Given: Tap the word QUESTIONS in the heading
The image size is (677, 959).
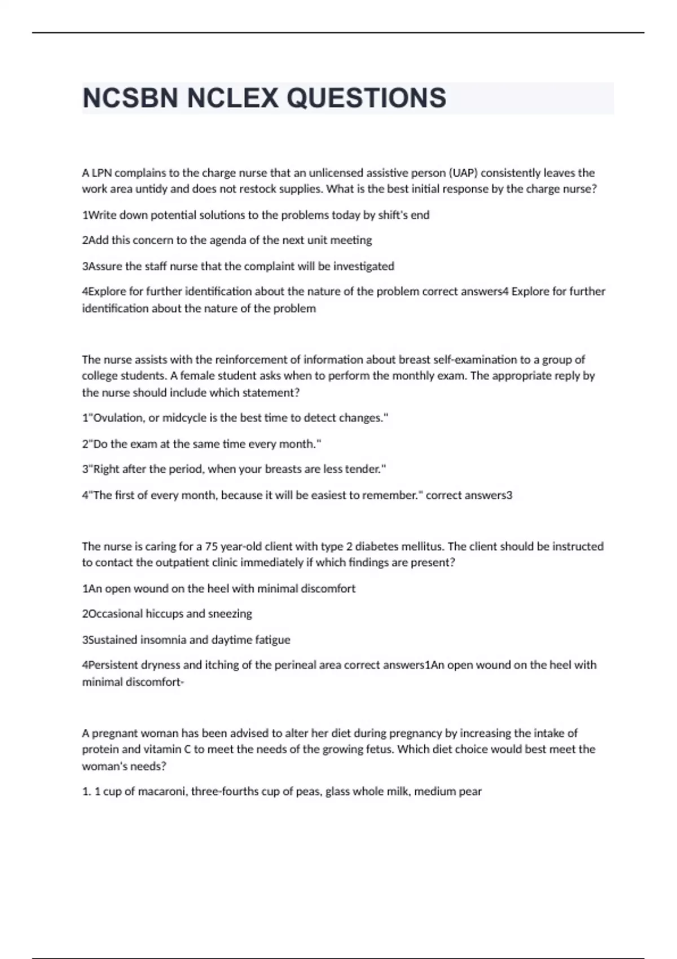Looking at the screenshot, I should (x=367, y=98).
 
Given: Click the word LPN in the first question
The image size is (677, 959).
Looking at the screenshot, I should (x=102, y=173).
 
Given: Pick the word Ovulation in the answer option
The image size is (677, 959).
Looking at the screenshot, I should (x=118, y=418).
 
